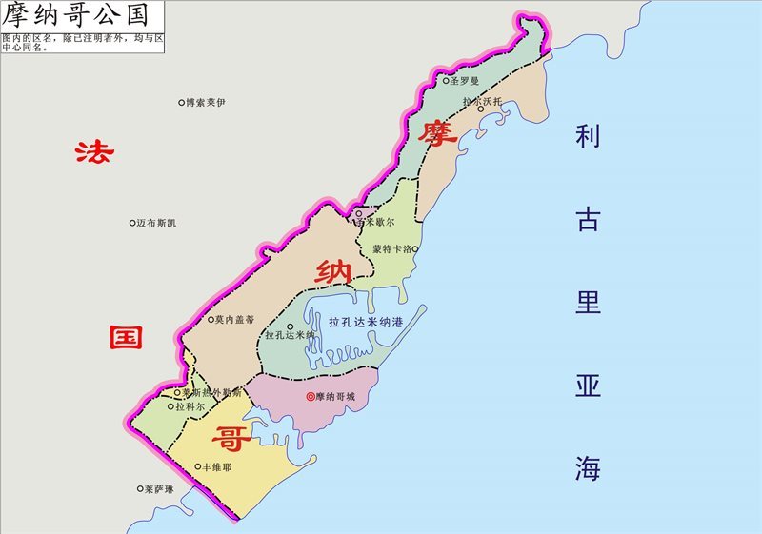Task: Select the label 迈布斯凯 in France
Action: pos(156,224)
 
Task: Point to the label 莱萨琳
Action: pos(159,490)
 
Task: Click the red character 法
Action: pos(95,152)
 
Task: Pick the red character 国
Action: pos(125,337)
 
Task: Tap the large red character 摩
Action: pos(437,132)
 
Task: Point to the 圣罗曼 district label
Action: pos(466,82)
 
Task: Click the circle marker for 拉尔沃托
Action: pos(481,109)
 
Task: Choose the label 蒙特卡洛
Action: pos(391,249)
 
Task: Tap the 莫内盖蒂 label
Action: pos(234,320)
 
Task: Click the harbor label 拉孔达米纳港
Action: pos(366,323)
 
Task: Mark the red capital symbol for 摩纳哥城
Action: pos(310,396)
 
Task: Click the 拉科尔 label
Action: pos(191,406)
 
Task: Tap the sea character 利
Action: pos(587,136)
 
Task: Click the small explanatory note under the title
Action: pos(81,42)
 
